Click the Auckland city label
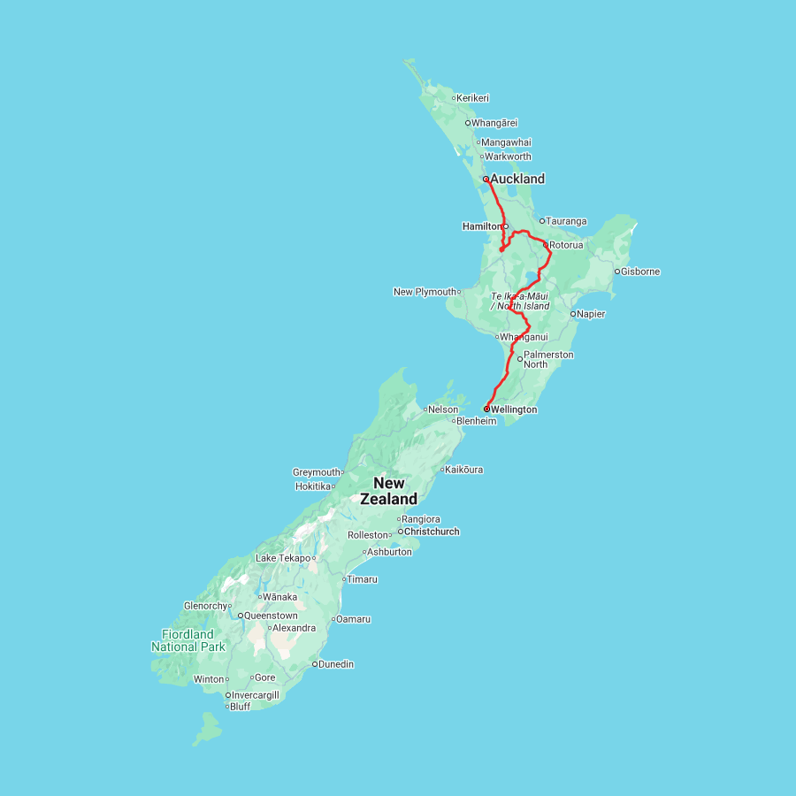[517, 179]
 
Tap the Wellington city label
[513, 409]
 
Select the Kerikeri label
[472, 98]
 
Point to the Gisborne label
[640, 272]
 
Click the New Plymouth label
[425, 292]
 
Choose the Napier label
[591, 314]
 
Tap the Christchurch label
[432, 532]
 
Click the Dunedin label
[336, 663]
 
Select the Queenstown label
[271, 615]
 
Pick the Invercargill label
[255, 695]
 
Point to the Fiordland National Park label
[188, 640]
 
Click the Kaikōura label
[464, 470]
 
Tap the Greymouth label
[317, 472]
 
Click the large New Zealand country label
[388, 491]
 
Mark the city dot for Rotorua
[546, 245]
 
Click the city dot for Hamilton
[506, 226]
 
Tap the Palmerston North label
[548, 359]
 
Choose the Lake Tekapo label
[283, 558]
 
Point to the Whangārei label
[494, 123]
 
